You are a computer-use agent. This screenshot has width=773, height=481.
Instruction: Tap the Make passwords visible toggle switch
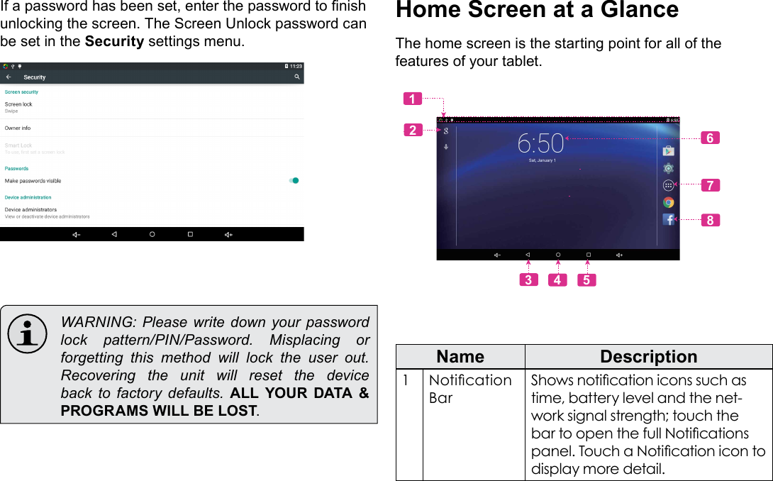pos(294,181)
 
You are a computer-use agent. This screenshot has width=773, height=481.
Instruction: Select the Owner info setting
pos(18,128)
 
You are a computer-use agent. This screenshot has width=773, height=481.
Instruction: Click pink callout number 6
pos(710,138)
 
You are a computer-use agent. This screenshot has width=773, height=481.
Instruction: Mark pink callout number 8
pos(710,220)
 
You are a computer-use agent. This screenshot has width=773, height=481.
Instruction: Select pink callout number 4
pos(557,280)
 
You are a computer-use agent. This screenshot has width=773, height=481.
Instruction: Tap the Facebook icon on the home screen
pos(668,220)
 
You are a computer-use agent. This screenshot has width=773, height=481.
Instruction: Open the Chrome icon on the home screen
pos(668,203)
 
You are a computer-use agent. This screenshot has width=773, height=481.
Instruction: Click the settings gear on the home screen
pos(668,168)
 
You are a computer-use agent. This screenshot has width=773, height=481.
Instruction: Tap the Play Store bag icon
pos(668,150)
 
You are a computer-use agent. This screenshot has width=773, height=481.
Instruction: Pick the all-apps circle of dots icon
pos(668,185)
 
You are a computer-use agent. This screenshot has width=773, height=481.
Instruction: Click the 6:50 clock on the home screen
pos(540,144)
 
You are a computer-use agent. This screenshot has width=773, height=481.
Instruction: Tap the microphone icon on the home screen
pos(446,147)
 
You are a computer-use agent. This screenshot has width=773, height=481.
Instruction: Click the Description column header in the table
pos(648,356)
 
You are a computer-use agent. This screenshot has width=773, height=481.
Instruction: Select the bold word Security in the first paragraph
pos(114,40)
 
